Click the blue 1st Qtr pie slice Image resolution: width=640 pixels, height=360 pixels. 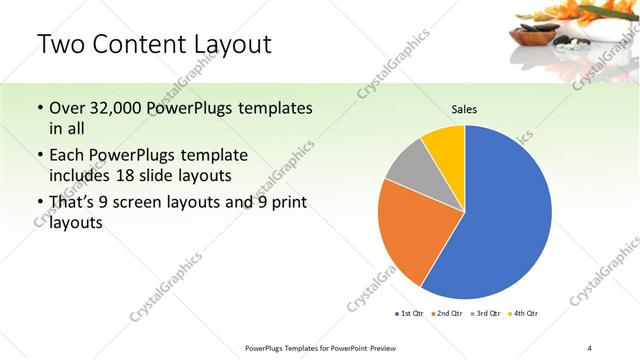500,215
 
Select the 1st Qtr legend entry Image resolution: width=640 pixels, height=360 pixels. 409,314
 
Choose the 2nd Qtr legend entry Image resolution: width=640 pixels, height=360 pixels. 446,314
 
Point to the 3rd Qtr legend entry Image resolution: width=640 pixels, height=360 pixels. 487,314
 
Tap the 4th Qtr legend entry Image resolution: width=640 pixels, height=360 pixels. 524,314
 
